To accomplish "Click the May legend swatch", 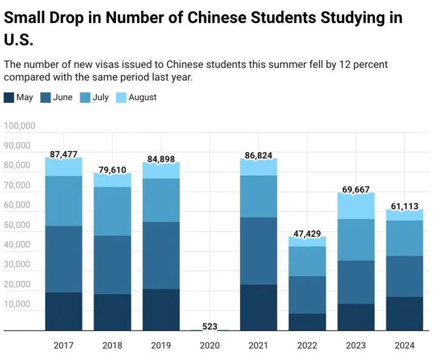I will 9,98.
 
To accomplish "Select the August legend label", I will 142,98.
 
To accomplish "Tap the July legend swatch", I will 85,98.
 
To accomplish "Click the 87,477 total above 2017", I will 63,154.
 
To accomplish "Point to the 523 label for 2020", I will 210,326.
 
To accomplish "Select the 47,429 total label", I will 308,233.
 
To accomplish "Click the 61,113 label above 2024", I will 404,206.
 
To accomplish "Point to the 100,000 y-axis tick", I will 20,126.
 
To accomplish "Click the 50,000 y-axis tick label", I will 22,225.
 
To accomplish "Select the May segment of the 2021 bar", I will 258,307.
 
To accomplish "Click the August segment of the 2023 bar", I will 356,206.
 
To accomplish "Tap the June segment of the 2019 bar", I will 161,255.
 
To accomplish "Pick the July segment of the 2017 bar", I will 63,200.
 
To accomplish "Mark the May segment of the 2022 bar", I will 307,321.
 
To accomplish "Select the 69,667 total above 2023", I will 356,190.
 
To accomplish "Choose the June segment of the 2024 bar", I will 404,276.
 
